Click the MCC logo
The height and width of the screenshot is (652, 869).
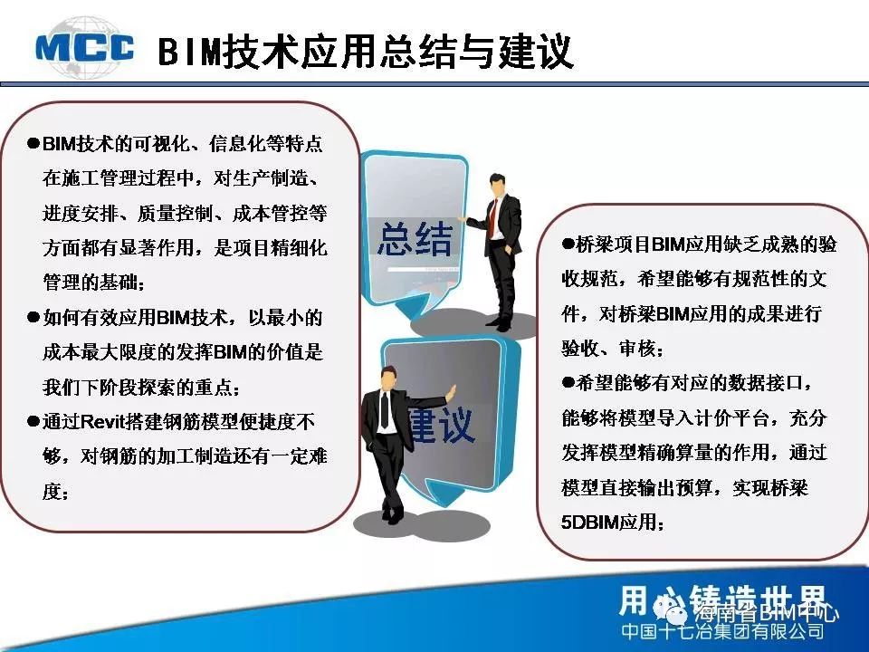click(x=84, y=48)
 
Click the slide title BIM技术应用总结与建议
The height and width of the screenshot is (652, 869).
click(x=365, y=52)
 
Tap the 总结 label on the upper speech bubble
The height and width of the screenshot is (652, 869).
click(x=415, y=239)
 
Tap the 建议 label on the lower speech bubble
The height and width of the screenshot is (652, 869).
click(x=442, y=426)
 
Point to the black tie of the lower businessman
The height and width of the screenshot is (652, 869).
click(x=385, y=409)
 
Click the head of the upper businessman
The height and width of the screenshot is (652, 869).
click(x=497, y=185)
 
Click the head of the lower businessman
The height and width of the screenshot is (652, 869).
click(x=389, y=378)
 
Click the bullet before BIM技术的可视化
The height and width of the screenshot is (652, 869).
click(x=33, y=144)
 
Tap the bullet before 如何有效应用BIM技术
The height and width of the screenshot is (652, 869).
click(x=33, y=318)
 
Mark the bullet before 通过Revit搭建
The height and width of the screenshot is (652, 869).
click(x=33, y=422)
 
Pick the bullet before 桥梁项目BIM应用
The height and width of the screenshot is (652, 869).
click(x=568, y=244)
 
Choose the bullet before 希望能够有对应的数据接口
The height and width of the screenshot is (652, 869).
click(x=568, y=382)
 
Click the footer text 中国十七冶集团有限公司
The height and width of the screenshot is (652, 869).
click(x=722, y=631)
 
